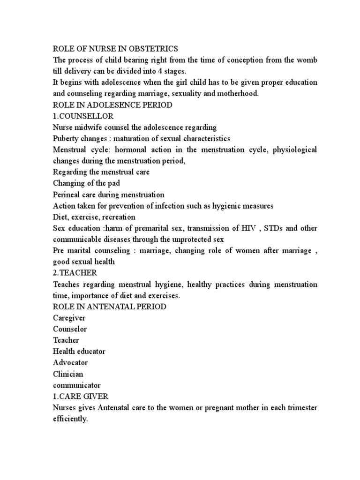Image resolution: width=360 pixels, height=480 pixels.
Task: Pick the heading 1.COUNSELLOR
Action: [x=77, y=116]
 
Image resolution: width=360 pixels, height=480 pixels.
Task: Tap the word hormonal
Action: [x=124, y=150]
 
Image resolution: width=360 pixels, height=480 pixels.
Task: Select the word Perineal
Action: [x=67, y=195]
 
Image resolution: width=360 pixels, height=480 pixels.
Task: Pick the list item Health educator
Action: [x=79, y=352]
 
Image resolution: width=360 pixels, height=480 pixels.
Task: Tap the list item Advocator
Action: [x=70, y=363]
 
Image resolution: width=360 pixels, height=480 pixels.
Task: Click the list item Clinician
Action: [x=68, y=374]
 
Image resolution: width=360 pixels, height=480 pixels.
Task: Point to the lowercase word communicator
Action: [x=76, y=385]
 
